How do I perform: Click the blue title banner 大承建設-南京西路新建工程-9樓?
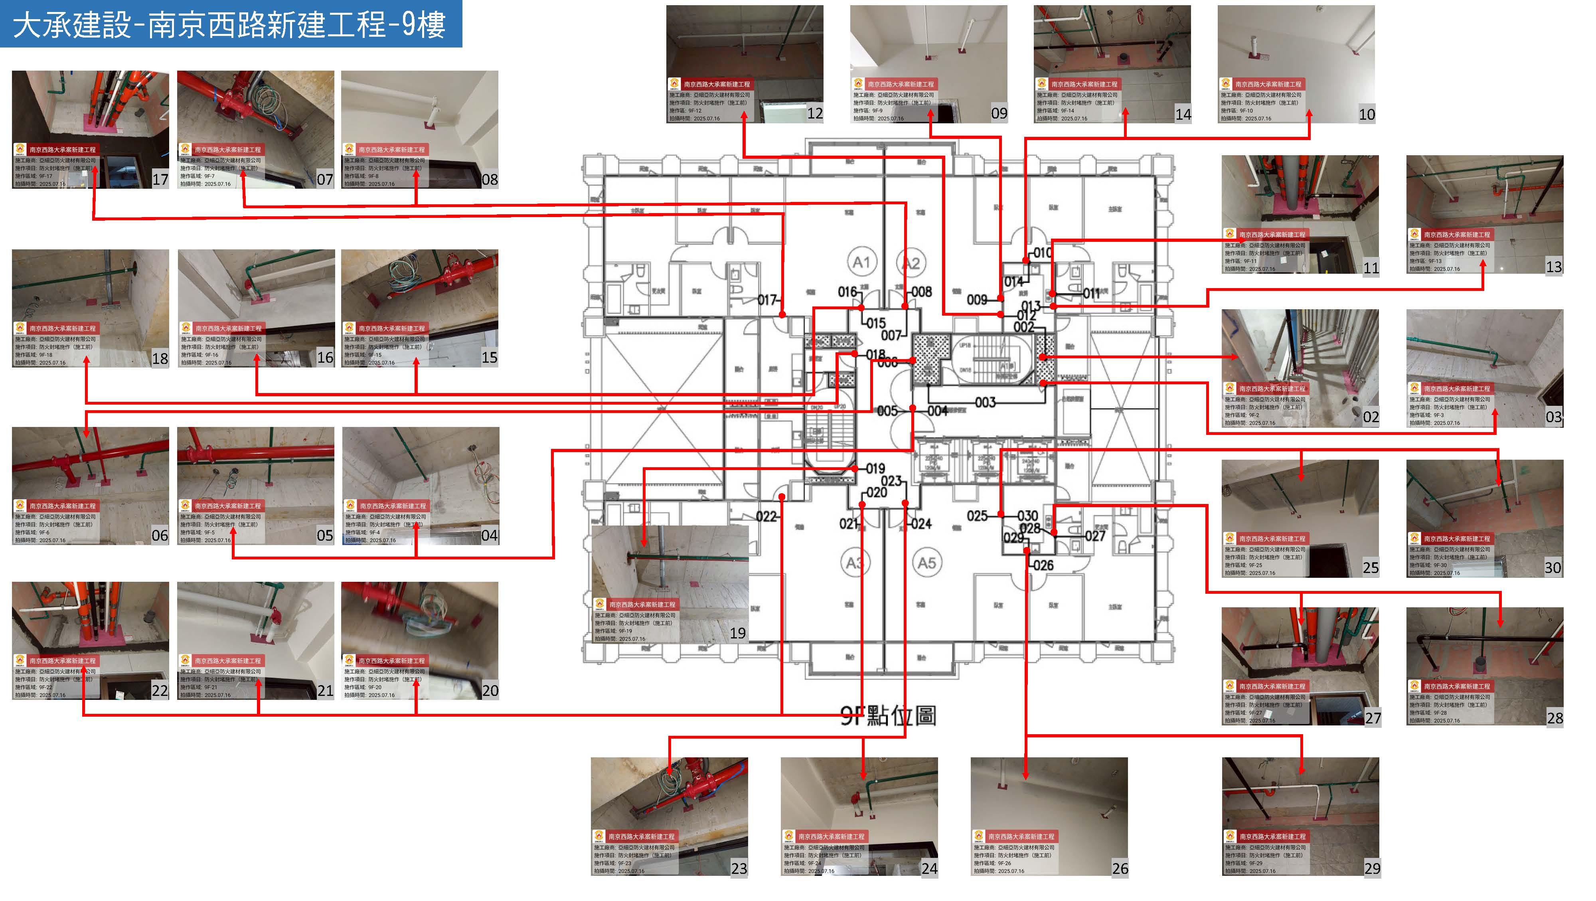point(231,25)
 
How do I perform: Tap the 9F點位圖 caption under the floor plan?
point(888,716)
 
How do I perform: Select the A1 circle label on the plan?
point(861,262)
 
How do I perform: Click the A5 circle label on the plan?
point(927,563)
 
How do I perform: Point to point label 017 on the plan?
point(767,300)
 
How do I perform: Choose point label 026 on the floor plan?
point(1043,565)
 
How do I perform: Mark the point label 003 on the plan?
point(985,403)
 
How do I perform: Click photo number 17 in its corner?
point(160,180)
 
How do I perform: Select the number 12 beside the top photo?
point(815,113)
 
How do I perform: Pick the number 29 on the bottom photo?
point(1372,868)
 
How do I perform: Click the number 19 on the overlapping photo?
point(737,633)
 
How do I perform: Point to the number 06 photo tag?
point(160,535)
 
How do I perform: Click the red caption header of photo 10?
point(1261,84)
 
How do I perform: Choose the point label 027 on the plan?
point(1095,536)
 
